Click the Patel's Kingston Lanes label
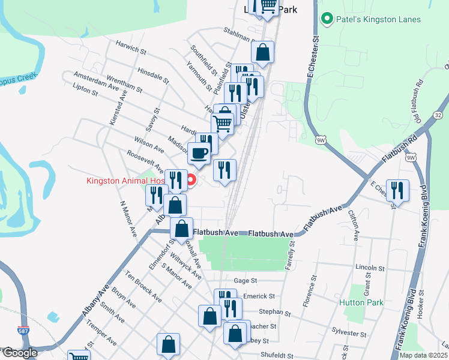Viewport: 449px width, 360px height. tap(378, 19)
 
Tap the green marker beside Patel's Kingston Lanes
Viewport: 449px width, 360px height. tap(327, 19)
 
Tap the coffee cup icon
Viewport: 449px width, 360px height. tap(199, 154)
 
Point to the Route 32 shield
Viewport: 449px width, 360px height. tap(438, 115)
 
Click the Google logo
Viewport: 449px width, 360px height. tap(19, 353)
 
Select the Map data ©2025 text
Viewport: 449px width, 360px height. tap(423, 355)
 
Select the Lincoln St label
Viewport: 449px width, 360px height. tap(370, 268)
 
